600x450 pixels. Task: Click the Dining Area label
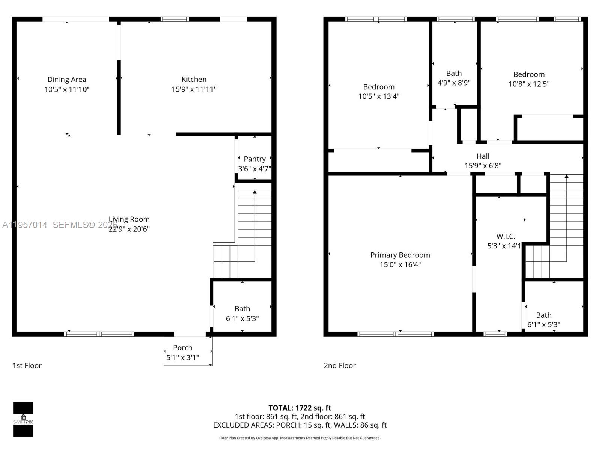[67, 79]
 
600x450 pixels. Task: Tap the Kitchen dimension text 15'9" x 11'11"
[194, 89]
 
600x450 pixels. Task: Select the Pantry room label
[255, 159]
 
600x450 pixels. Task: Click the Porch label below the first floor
[183, 348]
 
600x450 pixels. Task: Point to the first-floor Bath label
[242, 309]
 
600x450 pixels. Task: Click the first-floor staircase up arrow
[255, 192]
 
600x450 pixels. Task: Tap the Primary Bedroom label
[400, 255]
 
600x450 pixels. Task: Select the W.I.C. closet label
[505, 236]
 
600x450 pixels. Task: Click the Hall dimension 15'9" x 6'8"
[483, 166]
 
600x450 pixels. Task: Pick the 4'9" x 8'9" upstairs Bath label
[454, 73]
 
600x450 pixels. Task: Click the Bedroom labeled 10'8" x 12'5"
[529, 74]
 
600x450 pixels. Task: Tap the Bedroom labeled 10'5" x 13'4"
[379, 87]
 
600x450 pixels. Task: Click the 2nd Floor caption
[340, 365]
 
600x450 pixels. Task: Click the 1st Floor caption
[27, 365]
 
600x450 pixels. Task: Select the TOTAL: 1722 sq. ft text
[300, 408]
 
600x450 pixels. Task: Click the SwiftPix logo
[23, 419]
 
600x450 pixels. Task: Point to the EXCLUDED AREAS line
[300, 425]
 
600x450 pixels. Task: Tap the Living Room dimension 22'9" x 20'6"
[129, 229]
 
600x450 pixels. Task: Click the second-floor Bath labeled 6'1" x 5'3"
[543, 315]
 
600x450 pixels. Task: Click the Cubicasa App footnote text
[300, 438]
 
